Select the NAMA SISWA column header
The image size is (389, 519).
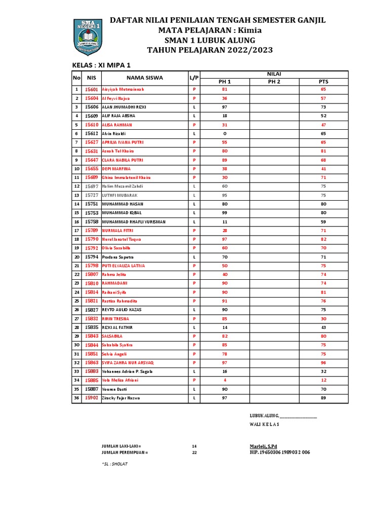144,78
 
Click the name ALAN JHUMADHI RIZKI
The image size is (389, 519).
125,107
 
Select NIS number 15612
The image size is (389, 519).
92,133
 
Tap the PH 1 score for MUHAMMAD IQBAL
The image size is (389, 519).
224,213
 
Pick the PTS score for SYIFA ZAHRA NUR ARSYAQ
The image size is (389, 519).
323,363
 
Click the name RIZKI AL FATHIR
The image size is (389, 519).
118,327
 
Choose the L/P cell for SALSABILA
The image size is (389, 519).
193,337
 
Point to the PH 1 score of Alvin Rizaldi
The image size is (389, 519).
224,133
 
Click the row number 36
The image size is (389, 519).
77,398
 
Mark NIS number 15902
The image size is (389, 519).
92,398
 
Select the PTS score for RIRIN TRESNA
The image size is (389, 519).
323,319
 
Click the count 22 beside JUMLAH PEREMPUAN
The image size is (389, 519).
194,453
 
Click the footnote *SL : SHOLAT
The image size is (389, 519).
114,464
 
